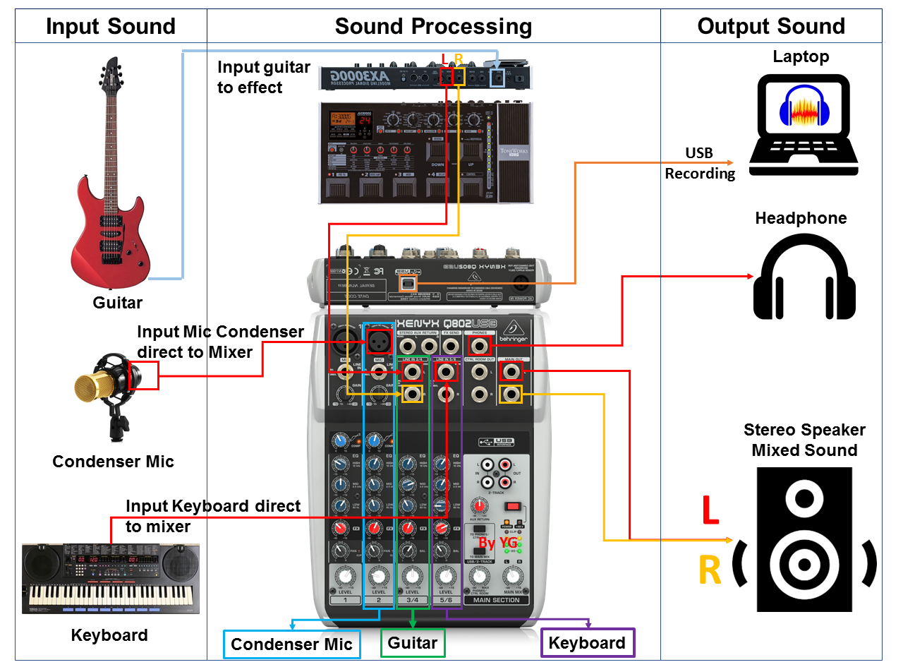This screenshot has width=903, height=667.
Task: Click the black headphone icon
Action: point(804,279)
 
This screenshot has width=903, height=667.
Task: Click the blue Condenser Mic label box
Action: point(291,644)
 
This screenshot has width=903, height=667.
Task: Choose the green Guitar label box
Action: point(413,642)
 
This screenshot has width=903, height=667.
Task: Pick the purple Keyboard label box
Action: point(587,643)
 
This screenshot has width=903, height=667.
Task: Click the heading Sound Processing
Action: point(433,26)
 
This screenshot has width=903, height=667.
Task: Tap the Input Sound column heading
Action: point(111,26)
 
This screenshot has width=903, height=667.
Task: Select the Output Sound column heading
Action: point(771,26)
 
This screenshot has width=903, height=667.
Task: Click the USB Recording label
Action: point(699,163)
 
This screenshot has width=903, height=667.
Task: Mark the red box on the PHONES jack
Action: point(480,346)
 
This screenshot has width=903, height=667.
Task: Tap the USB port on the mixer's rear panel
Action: point(408,284)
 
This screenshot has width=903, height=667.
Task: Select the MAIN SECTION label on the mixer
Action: point(497,600)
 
